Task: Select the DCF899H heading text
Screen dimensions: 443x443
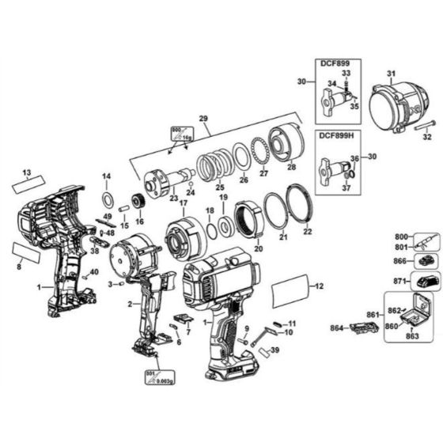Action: pos(339,134)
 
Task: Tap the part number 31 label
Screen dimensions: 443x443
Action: pos(390,74)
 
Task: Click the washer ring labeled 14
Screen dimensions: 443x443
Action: pos(106,195)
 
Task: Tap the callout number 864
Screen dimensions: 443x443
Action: pos(335,326)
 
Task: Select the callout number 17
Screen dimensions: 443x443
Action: pos(184,203)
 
